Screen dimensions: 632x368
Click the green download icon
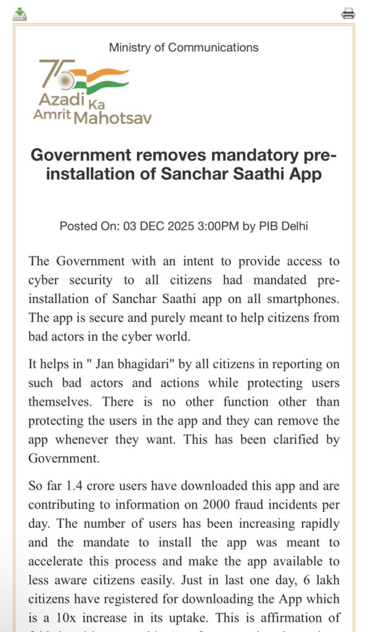(x=20, y=14)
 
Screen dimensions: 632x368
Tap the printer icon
(x=348, y=14)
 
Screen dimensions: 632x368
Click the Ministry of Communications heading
(x=184, y=48)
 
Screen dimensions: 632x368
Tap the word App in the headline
(x=301, y=173)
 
